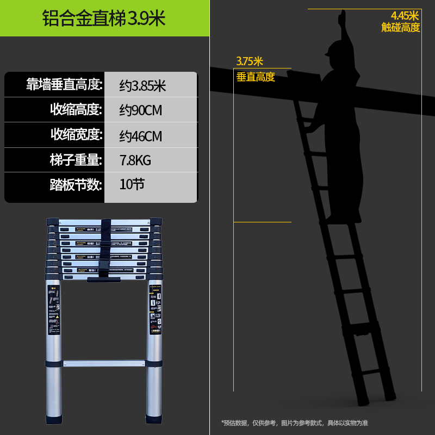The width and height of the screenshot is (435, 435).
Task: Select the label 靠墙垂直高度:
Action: (64, 85)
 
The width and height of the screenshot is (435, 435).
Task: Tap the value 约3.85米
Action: (142, 85)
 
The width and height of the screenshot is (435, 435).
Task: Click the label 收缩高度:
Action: (76, 110)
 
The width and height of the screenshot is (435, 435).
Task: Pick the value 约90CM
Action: (141, 110)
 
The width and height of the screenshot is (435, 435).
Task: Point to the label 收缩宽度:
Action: (76, 135)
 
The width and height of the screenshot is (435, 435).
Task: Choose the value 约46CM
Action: (141, 135)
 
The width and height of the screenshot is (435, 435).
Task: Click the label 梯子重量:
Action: (76, 160)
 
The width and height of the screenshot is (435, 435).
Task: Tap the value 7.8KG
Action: (135, 160)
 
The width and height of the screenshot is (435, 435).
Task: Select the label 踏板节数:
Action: (76, 185)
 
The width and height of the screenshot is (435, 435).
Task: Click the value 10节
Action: (132, 184)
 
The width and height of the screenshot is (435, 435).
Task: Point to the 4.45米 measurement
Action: (405, 16)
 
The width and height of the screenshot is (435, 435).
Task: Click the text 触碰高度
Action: (401, 27)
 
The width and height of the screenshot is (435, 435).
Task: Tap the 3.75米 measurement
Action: (250, 61)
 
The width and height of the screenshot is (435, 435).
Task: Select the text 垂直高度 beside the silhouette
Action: (256, 77)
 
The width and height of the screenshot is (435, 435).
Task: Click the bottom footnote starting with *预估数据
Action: (294, 422)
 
